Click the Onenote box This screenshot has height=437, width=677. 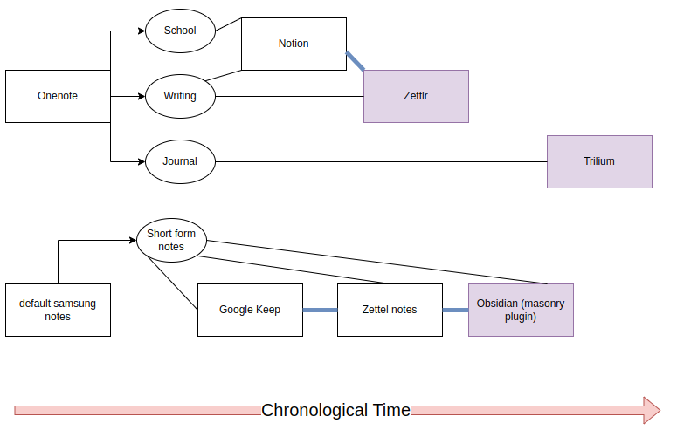(58, 96)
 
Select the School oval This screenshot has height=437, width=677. (180, 31)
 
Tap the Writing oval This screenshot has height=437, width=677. (180, 96)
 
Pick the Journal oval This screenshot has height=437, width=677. (180, 161)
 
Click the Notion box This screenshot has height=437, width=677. (294, 44)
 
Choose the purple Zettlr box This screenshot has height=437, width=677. (416, 96)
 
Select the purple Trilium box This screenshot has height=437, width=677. (599, 161)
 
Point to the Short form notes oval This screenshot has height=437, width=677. (171, 240)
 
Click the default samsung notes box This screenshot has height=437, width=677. (58, 310)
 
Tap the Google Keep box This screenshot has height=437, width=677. (250, 310)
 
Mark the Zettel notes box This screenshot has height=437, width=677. (390, 310)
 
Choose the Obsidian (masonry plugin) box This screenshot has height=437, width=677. (521, 310)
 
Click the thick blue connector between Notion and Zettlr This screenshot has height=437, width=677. (356, 61)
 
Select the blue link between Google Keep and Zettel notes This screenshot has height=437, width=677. (320, 310)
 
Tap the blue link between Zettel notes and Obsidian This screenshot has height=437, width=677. (455, 310)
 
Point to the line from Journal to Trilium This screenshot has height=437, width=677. (381, 161)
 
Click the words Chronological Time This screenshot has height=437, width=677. (335, 410)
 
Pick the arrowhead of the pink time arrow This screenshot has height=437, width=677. (652, 410)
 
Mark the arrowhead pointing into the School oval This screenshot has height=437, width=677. (141, 31)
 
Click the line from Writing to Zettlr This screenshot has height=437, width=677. (288, 96)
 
